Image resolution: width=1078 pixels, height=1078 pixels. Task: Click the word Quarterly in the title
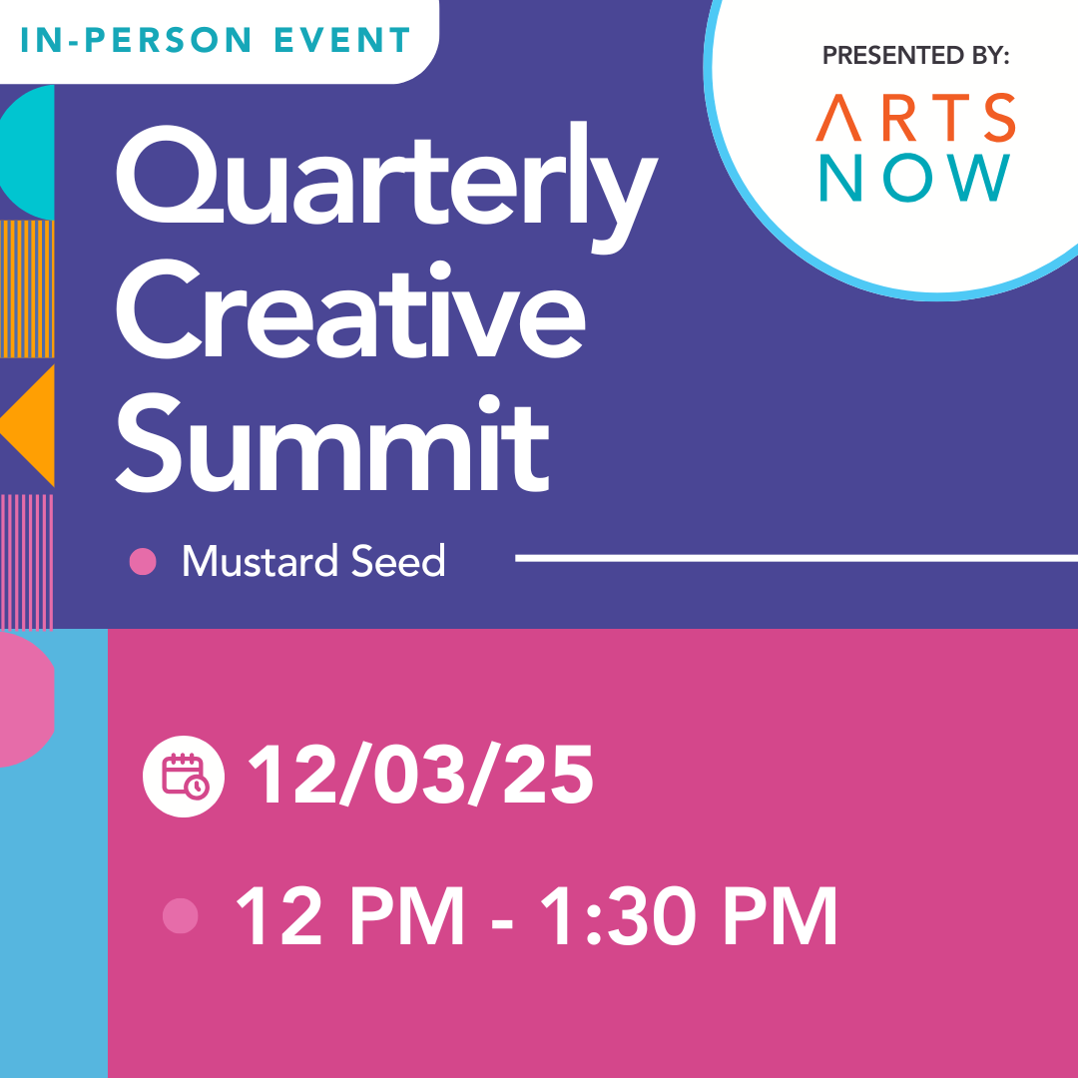tap(387, 187)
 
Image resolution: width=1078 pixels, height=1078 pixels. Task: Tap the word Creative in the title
tap(350, 309)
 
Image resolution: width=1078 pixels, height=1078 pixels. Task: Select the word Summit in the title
tap(332, 443)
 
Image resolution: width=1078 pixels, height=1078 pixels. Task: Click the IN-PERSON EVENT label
tap(216, 40)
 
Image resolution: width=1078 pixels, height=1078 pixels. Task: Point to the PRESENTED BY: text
tap(915, 55)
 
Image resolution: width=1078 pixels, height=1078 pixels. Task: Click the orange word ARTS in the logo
tap(915, 118)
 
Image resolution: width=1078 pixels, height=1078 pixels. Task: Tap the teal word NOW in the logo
tap(915, 178)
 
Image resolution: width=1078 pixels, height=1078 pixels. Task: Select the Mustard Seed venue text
tap(313, 561)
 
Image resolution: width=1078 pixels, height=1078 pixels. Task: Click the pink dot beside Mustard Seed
tap(143, 561)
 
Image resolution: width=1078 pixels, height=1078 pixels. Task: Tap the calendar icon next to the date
tap(184, 777)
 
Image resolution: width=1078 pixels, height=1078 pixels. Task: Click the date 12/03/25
tap(421, 775)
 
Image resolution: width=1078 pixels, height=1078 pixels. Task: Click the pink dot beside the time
tap(180, 915)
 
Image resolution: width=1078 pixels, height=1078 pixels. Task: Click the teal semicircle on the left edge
tap(29, 152)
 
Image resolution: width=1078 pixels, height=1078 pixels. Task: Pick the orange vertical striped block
tap(27, 288)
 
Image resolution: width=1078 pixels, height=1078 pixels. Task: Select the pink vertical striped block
tap(26, 562)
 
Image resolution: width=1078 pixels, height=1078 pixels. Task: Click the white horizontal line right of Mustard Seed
tap(797, 558)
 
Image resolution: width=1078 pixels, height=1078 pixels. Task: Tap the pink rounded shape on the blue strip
tap(26, 699)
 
